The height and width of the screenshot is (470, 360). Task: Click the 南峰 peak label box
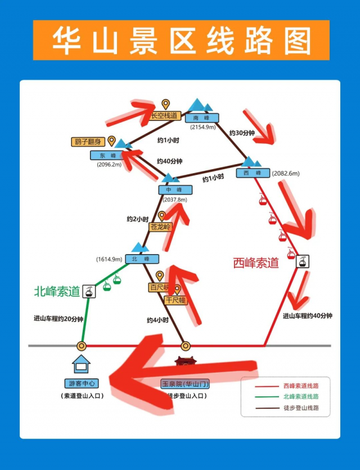pyautogui.click(x=201, y=118)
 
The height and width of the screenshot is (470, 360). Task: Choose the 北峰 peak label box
pyautogui.click(x=142, y=259)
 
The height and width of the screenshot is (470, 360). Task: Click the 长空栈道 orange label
pyautogui.click(x=165, y=116)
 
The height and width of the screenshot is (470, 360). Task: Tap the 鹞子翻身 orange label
pyautogui.click(x=88, y=142)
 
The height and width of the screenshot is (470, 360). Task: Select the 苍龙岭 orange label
pyautogui.click(x=161, y=227)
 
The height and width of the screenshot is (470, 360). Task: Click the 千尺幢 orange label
pyautogui.click(x=175, y=300)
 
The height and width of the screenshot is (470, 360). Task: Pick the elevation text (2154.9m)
pyautogui.click(x=202, y=128)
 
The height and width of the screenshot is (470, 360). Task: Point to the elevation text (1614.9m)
pyautogui.click(x=109, y=259)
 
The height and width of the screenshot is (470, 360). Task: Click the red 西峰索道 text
pyautogui.click(x=256, y=263)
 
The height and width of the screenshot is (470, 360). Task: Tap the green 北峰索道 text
pyautogui.click(x=57, y=292)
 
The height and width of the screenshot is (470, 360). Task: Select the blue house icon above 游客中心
pyautogui.click(x=82, y=364)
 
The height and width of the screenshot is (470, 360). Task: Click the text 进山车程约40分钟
pyautogui.click(x=307, y=316)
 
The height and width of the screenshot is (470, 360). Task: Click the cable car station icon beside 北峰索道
pyautogui.click(x=88, y=291)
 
